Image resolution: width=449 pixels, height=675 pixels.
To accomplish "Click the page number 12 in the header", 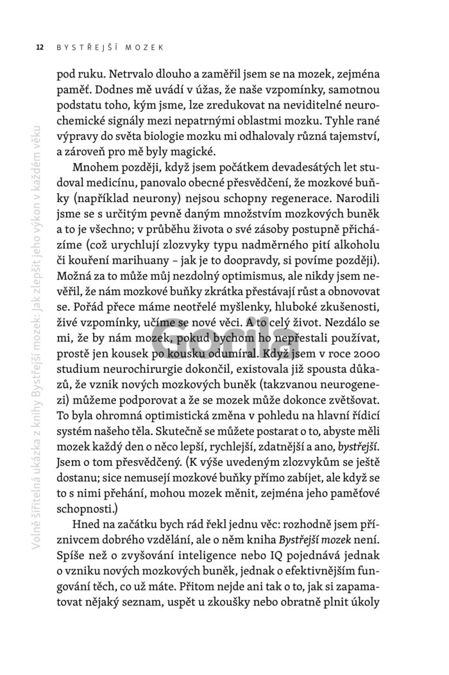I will point(40,47).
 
